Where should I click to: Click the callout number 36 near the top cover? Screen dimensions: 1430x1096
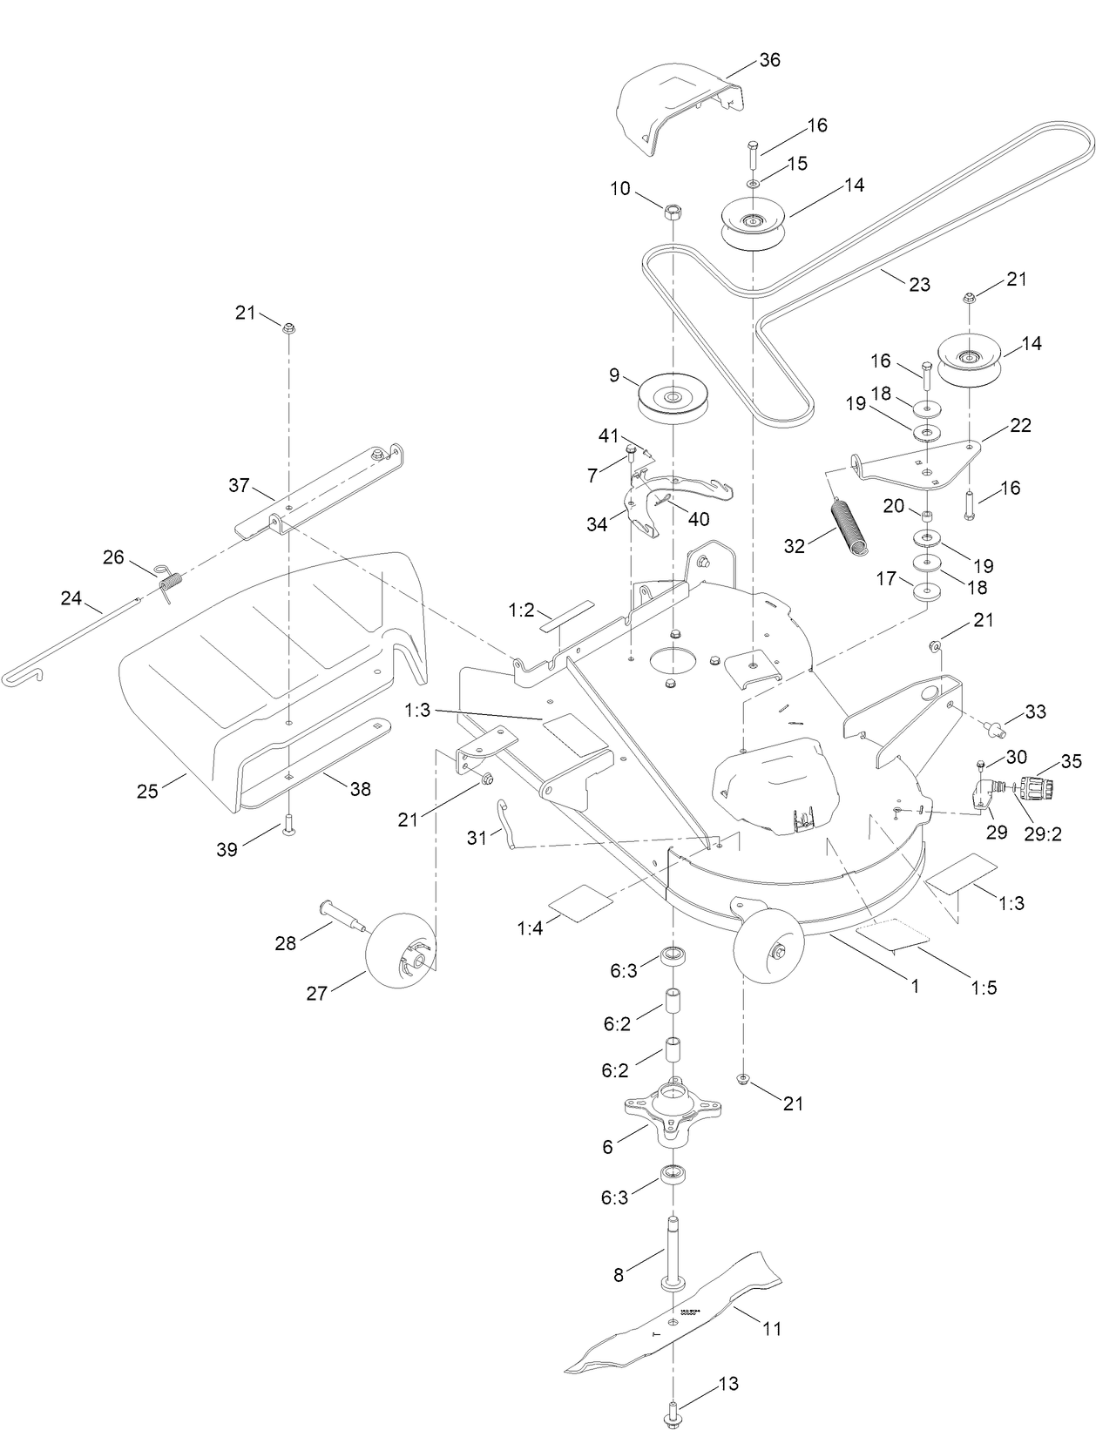click(x=769, y=60)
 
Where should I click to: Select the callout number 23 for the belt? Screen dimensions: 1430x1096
click(x=919, y=284)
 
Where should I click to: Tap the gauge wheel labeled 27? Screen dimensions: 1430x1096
click(x=399, y=948)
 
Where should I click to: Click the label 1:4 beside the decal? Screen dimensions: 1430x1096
click(x=530, y=928)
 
